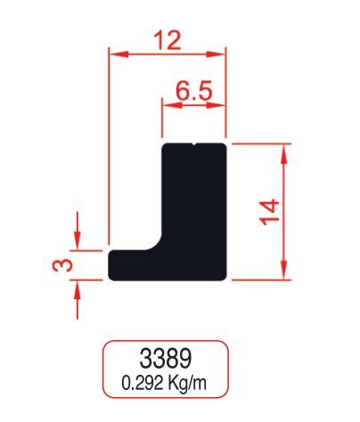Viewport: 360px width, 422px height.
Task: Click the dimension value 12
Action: (168, 40)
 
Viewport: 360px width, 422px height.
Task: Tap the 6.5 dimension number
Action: (194, 90)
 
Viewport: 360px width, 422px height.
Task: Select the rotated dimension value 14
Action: (269, 212)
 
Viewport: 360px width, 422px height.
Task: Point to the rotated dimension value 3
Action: (62, 265)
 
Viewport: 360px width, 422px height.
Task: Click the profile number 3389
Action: (166, 359)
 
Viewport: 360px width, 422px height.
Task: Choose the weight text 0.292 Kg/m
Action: (164, 383)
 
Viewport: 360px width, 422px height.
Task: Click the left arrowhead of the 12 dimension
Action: (119, 54)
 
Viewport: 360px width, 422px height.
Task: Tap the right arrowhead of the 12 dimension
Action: (216, 54)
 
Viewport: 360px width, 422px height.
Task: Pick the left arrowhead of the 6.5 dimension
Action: (172, 105)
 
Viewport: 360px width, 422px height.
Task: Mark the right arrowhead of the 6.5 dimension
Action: (216, 105)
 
